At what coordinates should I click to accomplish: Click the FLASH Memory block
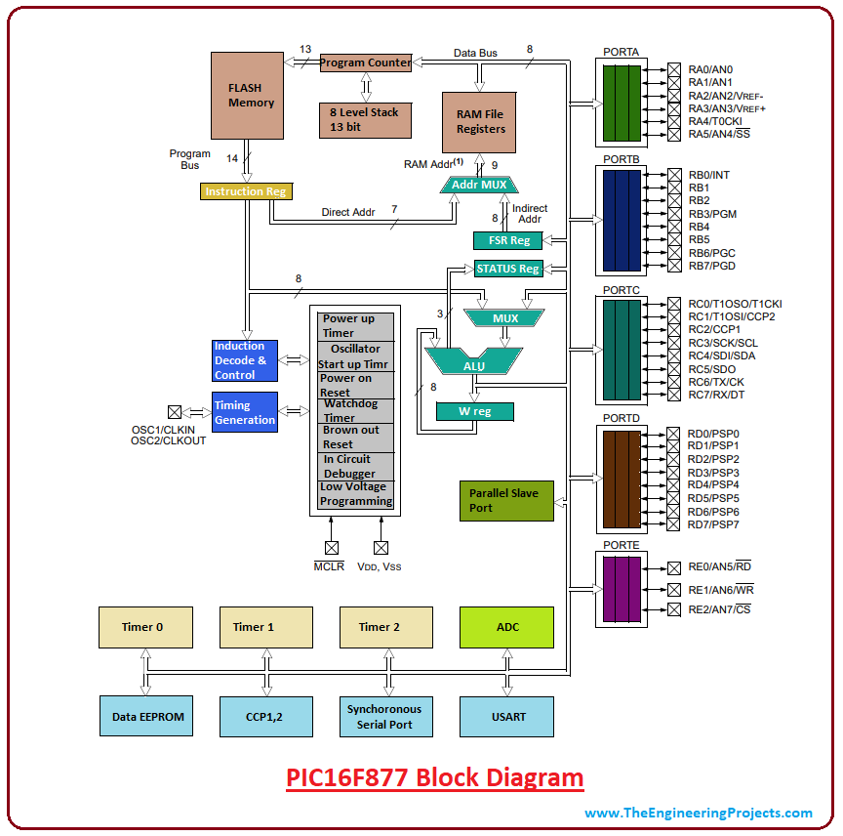[247, 96]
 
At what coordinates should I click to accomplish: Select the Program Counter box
[366, 63]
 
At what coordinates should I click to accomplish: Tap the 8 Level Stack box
[366, 120]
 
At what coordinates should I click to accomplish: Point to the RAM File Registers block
[479, 122]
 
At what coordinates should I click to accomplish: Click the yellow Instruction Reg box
[246, 191]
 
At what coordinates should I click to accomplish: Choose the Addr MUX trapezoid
[479, 185]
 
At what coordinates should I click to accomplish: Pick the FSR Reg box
[508, 240]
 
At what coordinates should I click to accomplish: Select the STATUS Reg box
[508, 269]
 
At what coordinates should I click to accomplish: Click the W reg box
[475, 411]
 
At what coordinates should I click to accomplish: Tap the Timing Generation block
[245, 412]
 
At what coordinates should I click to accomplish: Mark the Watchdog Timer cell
[356, 411]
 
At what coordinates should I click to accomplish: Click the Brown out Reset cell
[356, 438]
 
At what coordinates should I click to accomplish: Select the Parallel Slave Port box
[506, 501]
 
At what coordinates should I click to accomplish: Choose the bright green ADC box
[506, 627]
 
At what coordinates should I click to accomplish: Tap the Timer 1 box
[266, 627]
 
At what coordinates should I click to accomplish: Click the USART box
[506, 717]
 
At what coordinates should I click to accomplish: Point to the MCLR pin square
[332, 548]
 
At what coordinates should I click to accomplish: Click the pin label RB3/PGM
[712, 214]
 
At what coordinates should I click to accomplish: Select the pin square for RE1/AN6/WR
[674, 590]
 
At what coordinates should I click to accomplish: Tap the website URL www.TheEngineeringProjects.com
[699, 813]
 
